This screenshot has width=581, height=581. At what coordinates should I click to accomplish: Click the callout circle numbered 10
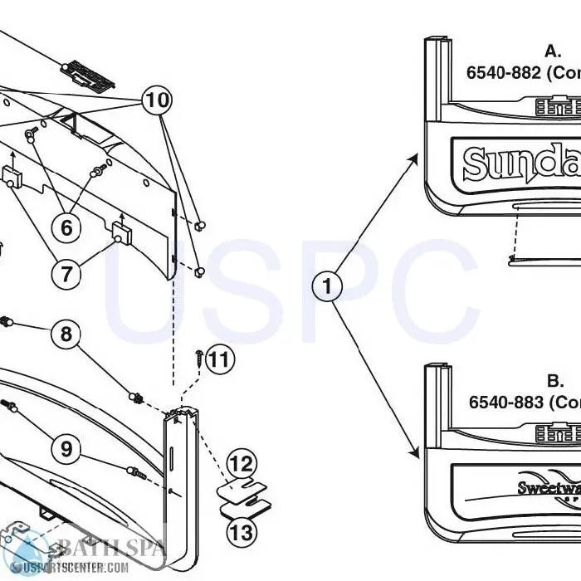click(157, 100)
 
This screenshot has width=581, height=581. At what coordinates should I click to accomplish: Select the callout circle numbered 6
click(66, 226)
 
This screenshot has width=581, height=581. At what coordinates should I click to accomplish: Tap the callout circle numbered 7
click(66, 273)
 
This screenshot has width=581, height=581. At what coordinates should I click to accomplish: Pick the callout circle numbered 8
click(66, 334)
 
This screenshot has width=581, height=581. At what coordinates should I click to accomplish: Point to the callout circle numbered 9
click(66, 449)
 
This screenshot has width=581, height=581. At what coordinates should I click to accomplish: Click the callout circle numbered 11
click(218, 359)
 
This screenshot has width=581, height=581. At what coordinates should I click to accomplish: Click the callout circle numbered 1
click(327, 287)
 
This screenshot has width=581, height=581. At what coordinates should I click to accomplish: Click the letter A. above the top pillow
click(553, 51)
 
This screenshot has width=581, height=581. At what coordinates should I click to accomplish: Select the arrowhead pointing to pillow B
click(417, 452)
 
